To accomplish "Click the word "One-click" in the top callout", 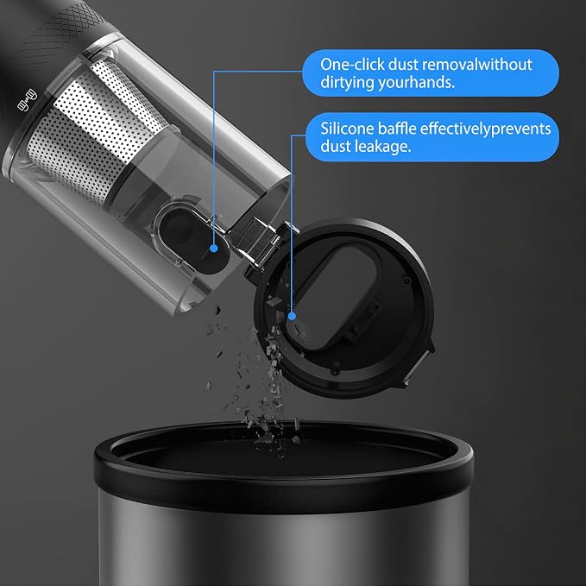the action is click(x=352, y=64).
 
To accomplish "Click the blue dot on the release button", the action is click(x=214, y=248).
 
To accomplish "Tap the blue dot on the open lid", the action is click(x=292, y=316).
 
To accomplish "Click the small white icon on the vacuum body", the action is click(x=28, y=100).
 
